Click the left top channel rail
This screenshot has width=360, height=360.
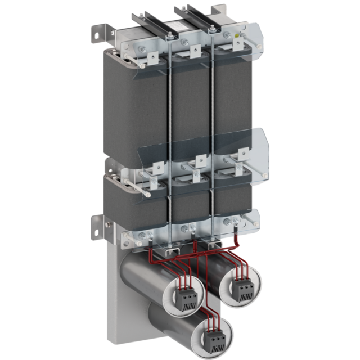point(149,22)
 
